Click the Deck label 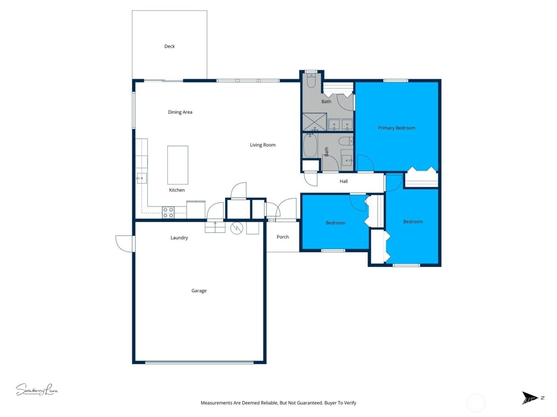[169, 46]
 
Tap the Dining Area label [180, 112]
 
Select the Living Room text [263, 145]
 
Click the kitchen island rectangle [177, 165]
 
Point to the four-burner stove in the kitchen [168, 212]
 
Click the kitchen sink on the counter [142, 178]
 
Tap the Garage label [199, 291]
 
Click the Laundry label [179, 238]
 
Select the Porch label [282, 237]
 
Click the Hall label [344, 181]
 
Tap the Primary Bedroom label [397, 128]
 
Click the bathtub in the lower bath [310, 146]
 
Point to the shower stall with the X [314, 122]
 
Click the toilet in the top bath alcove [311, 81]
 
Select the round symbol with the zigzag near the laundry [237, 228]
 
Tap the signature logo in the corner [37, 390]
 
